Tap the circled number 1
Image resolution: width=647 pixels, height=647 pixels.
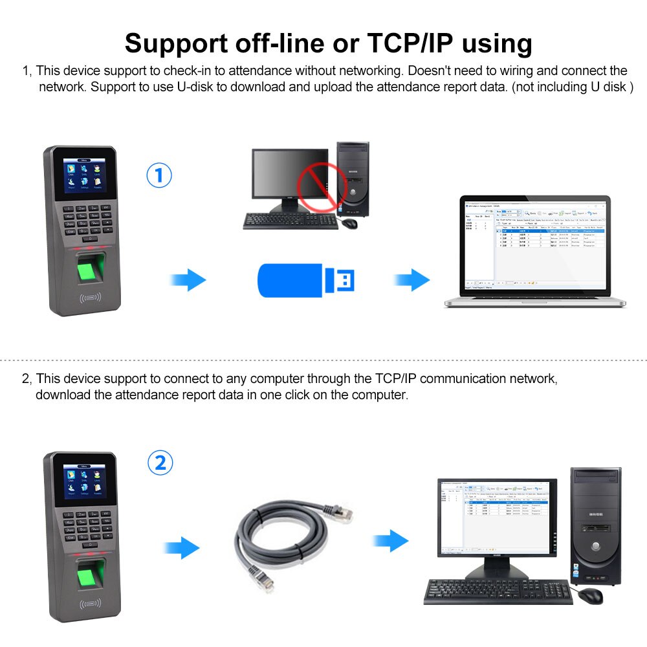click(x=159, y=175)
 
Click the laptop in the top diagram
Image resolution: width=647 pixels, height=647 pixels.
click(x=535, y=252)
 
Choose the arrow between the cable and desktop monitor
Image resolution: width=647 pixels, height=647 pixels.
click(x=391, y=540)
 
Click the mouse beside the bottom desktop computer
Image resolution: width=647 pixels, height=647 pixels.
click(x=589, y=595)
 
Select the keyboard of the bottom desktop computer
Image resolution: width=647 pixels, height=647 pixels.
click(x=498, y=591)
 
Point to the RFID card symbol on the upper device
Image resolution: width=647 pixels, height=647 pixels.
click(x=91, y=298)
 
